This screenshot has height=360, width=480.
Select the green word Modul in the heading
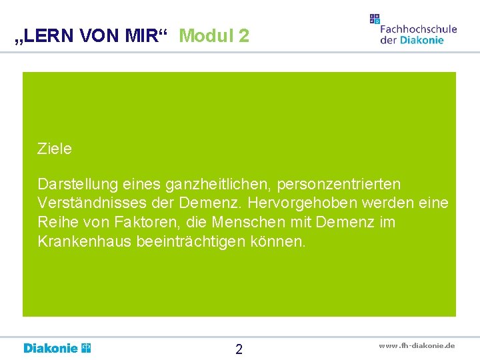coord(204,36)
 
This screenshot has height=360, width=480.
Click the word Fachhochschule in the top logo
coord(418,29)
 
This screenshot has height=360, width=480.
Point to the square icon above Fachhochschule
coord(375,19)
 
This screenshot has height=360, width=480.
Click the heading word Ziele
coord(55,149)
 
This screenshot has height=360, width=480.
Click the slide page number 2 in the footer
coord(239,349)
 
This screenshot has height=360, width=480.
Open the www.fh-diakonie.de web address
coord(417,345)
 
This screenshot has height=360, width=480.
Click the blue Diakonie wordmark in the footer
coord(51,348)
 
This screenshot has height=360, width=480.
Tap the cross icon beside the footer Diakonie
coord(86,347)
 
